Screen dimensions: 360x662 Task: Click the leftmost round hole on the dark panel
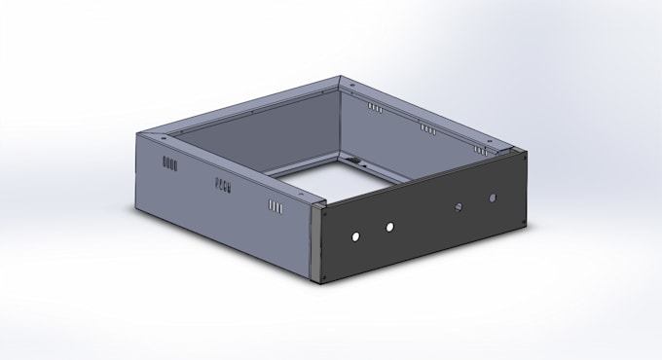point(356,235)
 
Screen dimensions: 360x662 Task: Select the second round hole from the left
point(389,227)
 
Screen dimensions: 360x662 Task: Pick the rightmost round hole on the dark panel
point(493,198)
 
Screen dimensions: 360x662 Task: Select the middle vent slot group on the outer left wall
point(223,183)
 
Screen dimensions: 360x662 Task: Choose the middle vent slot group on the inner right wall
point(427,128)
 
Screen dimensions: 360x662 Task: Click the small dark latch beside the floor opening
point(354,160)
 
